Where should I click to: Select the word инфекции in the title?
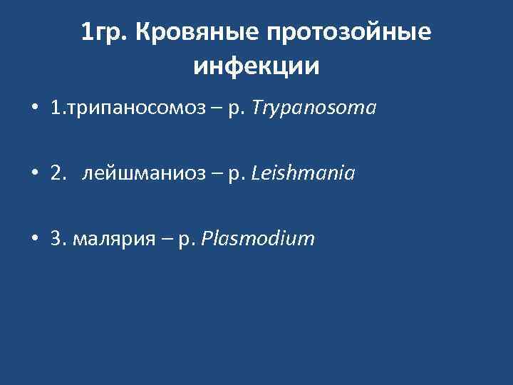click(x=256, y=66)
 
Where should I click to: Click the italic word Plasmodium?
click(x=258, y=239)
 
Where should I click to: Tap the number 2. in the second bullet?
click(x=58, y=174)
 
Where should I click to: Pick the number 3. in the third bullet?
click(x=58, y=239)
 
